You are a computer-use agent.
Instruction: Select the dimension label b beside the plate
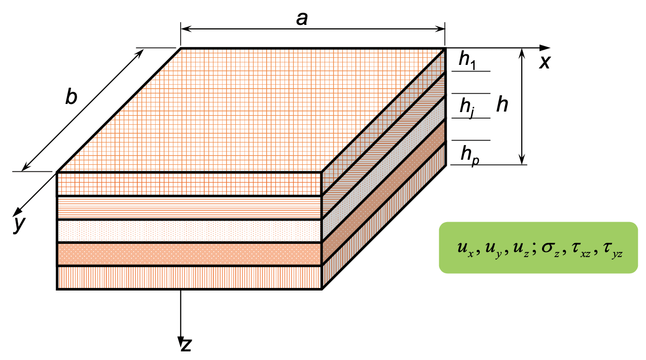[71, 97]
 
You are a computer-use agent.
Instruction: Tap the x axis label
[545, 62]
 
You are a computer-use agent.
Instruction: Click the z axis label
[187, 345]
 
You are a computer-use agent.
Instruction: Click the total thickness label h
[502, 105]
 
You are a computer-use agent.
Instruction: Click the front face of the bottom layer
[189, 278]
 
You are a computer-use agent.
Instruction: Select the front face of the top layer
[189, 184]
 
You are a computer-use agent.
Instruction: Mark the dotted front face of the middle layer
[189, 231]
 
